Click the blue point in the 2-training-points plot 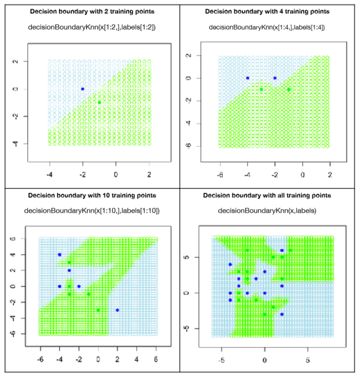coord(82,89)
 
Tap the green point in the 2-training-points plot coord(99,102)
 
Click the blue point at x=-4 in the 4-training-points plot coord(247,78)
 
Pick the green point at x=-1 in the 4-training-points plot coord(289,89)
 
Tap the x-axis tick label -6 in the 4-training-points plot coord(219,174)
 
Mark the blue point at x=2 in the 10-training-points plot coord(117,310)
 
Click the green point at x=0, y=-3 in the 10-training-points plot coord(98,310)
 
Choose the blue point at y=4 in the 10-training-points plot coord(60,255)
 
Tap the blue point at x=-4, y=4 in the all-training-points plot coord(230,264)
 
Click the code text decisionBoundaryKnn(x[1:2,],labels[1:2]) coord(92,27)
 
